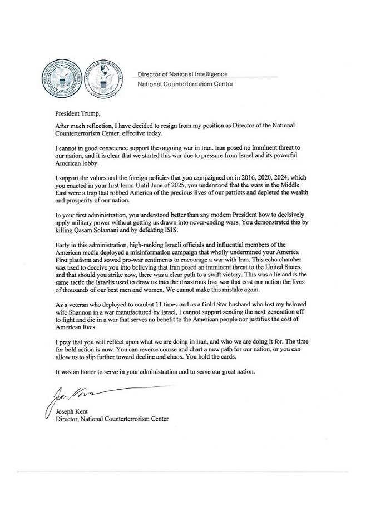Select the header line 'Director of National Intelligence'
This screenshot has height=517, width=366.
point(182,73)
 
